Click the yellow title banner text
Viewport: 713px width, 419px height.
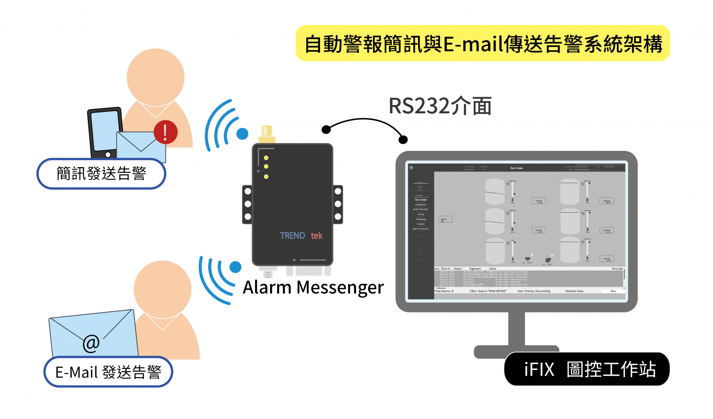pyautogui.click(x=483, y=44)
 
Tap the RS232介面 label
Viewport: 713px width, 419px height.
pyautogui.click(x=440, y=106)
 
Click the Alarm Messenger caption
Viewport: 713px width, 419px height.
pyautogui.click(x=313, y=288)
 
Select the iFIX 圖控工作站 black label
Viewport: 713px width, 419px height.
pyautogui.click(x=587, y=369)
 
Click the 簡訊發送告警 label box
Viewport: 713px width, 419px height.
pyautogui.click(x=101, y=173)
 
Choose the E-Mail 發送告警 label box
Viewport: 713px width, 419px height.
pyautogui.click(x=108, y=372)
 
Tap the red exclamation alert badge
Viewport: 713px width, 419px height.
pyautogui.click(x=165, y=132)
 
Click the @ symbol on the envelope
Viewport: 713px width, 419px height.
pyautogui.click(x=91, y=343)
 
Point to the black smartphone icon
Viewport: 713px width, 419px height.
pyautogui.click(x=105, y=131)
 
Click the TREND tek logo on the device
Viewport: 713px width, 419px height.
pyautogui.click(x=301, y=235)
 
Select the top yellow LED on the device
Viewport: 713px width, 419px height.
pyautogui.click(x=266, y=158)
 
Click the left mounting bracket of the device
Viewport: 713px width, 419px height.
pyautogui.click(x=247, y=204)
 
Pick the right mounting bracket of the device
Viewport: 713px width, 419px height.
pyautogui.click(x=338, y=204)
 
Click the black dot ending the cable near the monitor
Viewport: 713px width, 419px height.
pyautogui.click(x=403, y=140)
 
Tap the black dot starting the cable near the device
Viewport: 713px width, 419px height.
pyautogui.click(x=326, y=130)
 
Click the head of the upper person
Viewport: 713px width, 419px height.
pyautogui.click(x=156, y=77)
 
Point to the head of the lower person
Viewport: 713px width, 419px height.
pyautogui.click(x=162, y=289)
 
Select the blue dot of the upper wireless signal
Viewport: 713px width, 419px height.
pyautogui.click(x=242, y=133)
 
